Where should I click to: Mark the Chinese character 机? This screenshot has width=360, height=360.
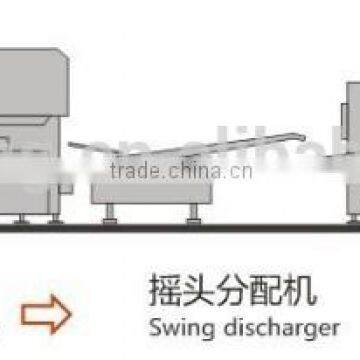(x=299, y=292)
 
